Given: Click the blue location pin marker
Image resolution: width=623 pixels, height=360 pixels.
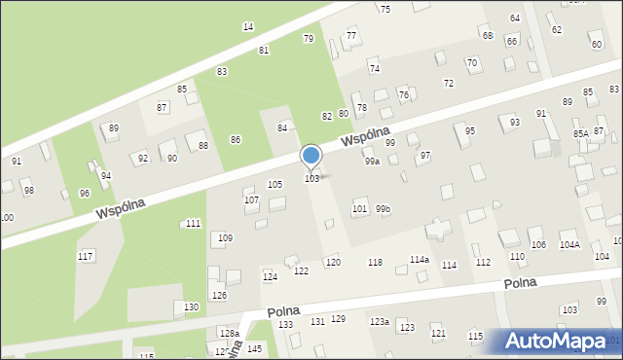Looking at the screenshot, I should [311, 156].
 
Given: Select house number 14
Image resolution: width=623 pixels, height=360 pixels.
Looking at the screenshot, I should [248, 26].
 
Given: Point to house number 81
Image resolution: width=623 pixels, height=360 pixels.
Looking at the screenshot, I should [264, 50].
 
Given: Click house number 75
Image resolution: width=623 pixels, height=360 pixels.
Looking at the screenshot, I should [385, 9].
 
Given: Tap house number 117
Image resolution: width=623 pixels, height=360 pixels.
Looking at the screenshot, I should [86, 256].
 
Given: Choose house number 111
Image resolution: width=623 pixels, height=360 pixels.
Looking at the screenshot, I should [193, 224].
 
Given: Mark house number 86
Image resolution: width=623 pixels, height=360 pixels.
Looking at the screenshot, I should [235, 140].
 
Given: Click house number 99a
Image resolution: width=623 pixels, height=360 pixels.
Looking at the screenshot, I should [372, 162].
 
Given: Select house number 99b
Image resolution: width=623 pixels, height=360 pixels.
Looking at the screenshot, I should [383, 209].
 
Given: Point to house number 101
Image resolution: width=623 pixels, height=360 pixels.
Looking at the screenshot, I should [359, 209].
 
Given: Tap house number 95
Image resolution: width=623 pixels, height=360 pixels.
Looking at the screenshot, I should [470, 130].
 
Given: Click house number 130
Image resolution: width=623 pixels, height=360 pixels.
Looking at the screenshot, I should [191, 307].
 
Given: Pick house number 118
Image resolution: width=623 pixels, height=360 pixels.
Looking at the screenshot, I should [375, 263].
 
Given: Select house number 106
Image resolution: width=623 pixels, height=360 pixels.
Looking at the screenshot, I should [538, 244].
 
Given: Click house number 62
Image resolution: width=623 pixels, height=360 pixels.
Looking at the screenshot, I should [557, 30].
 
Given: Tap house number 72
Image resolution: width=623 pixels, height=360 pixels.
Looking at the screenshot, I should [448, 84].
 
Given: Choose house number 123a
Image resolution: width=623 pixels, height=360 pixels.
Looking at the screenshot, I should [379, 322].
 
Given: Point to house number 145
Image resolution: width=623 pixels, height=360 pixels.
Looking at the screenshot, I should [254, 348].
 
